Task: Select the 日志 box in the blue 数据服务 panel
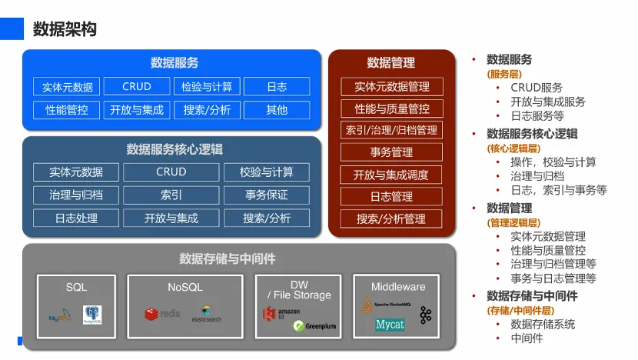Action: click(x=277, y=86)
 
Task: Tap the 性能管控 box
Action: click(x=67, y=110)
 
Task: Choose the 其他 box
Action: click(x=277, y=110)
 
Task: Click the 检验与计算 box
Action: click(x=207, y=86)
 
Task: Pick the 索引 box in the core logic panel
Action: click(x=171, y=195)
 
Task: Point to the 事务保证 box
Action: click(x=267, y=195)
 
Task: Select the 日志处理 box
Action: click(x=76, y=218)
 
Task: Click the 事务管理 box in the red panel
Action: click(x=392, y=152)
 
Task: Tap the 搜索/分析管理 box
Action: click(x=392, y=218)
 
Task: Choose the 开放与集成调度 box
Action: click(x=392, y=175)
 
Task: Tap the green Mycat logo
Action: click(x=390, y=325)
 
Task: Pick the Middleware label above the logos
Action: click(x=398, y=286)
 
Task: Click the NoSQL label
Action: click(x=185, y=287)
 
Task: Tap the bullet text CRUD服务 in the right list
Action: click(x=537, y=88)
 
